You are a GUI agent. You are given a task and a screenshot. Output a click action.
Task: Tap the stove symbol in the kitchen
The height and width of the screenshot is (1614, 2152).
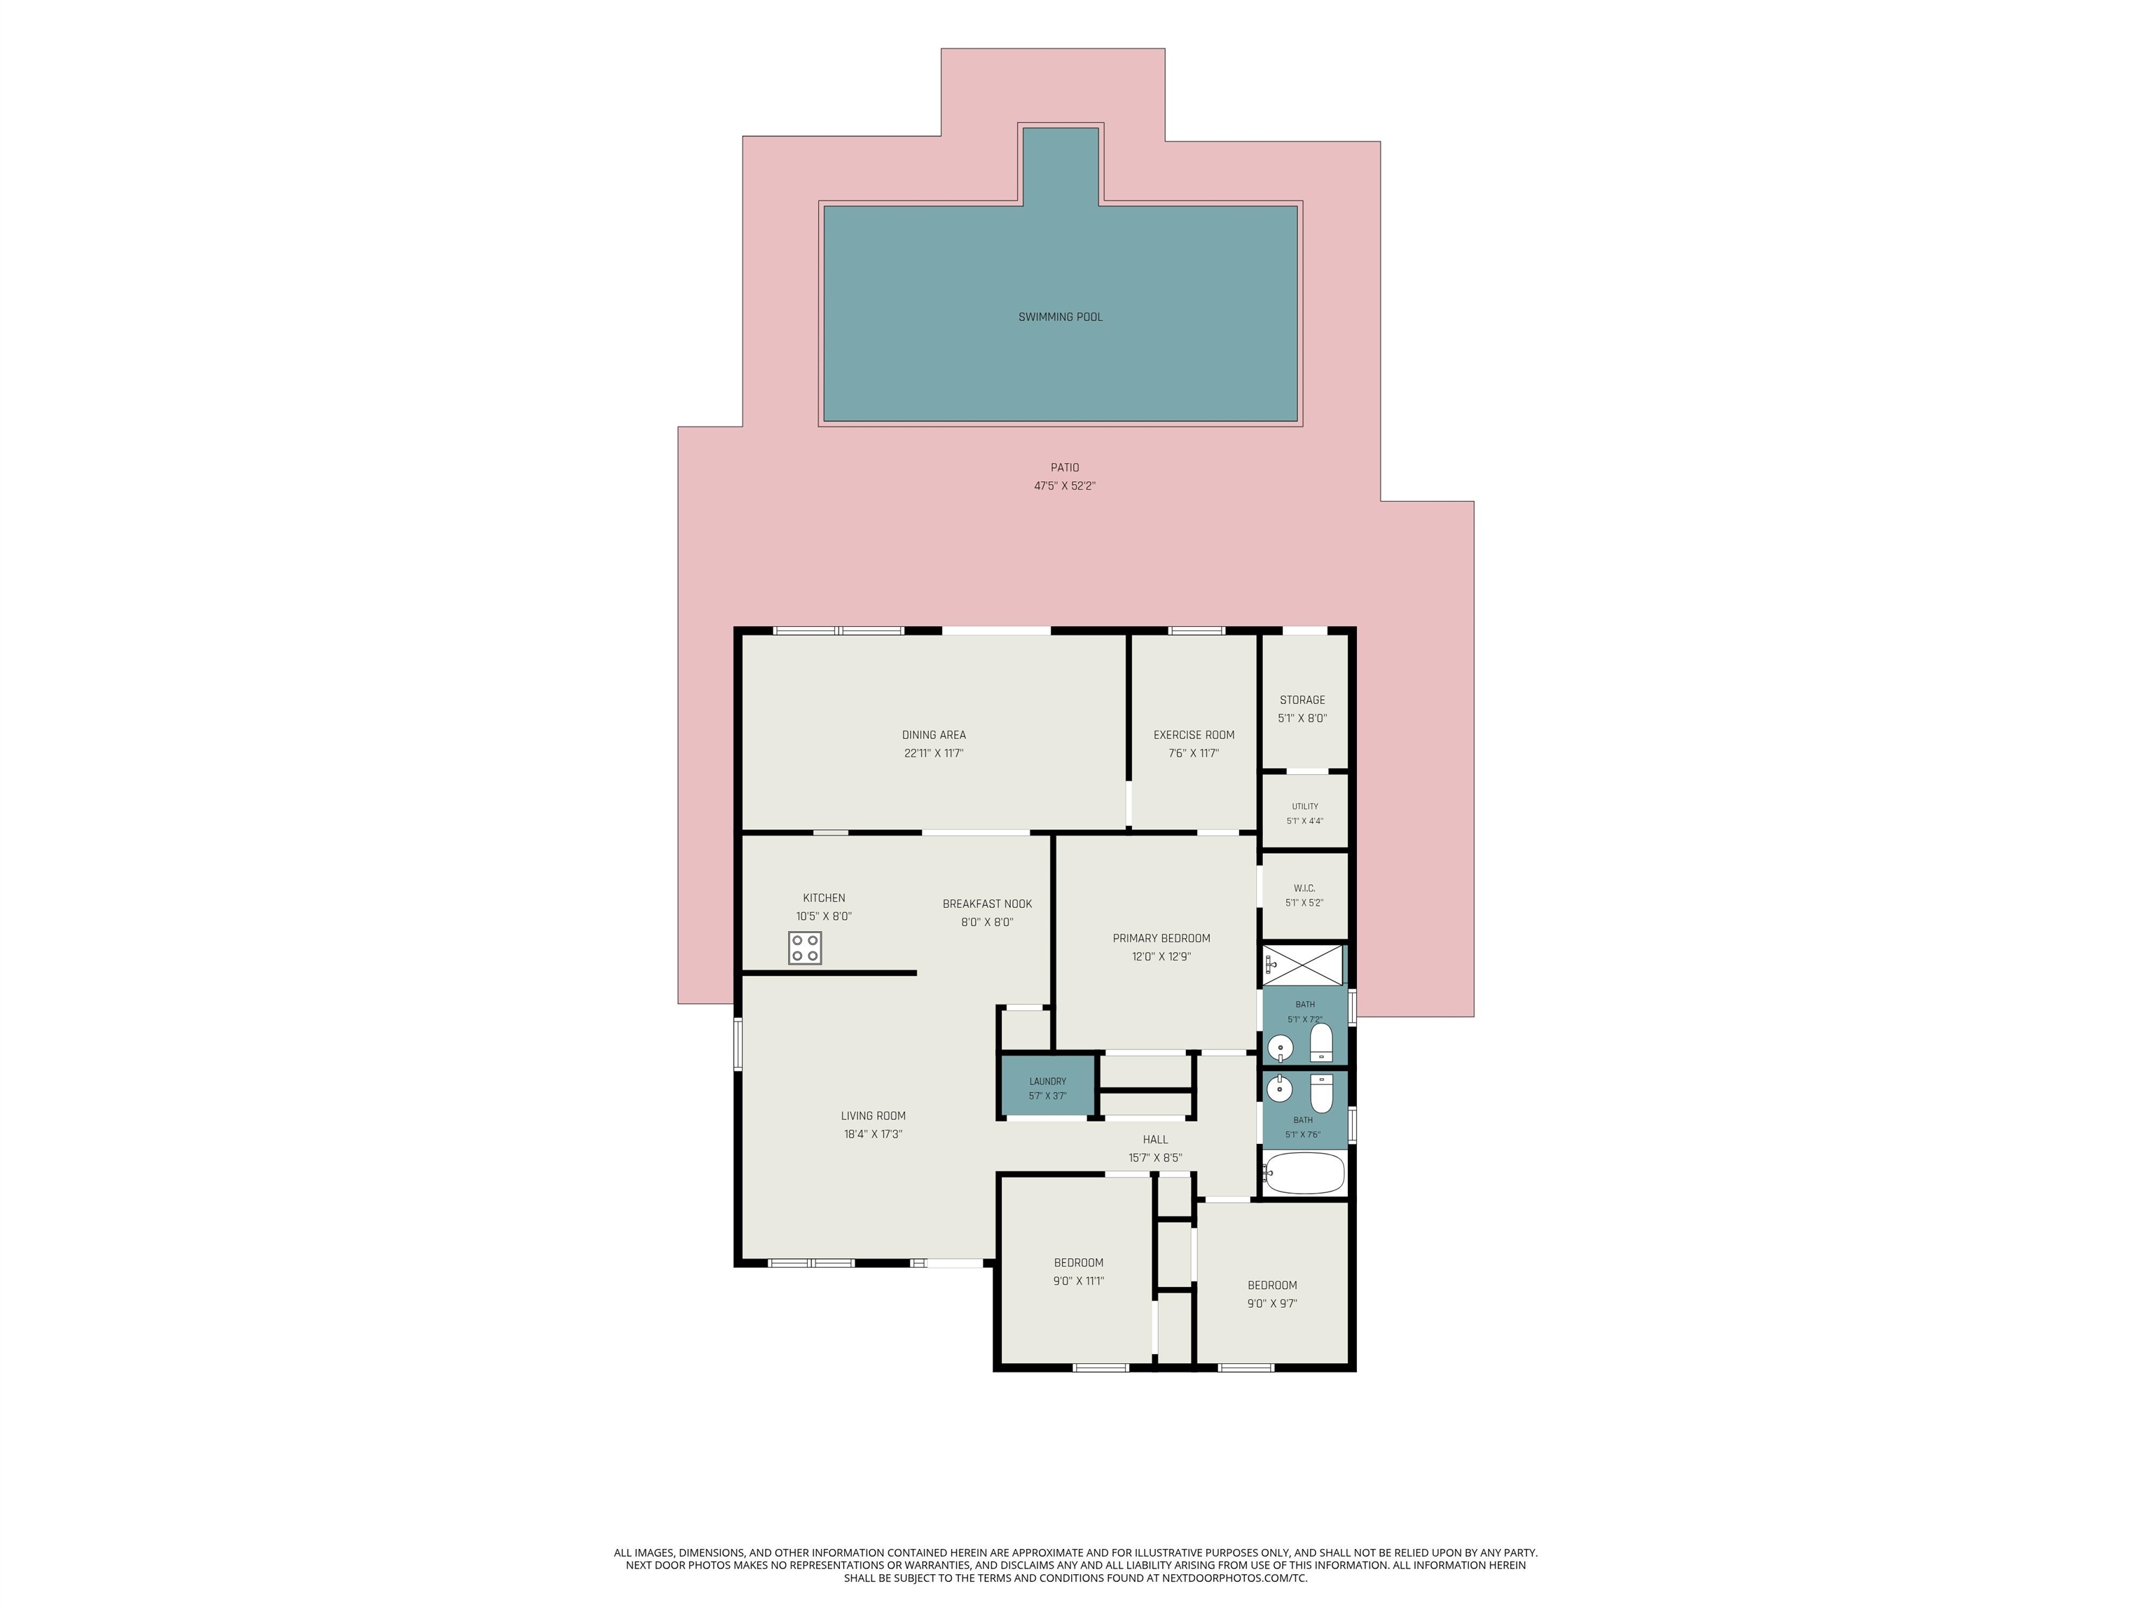(805, 948)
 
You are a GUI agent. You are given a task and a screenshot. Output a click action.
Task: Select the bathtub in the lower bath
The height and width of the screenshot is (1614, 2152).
(1304, 1173)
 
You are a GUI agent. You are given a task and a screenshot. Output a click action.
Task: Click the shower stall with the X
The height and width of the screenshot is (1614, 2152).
(1304, 965)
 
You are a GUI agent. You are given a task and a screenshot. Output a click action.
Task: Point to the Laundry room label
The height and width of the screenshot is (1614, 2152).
(1048, 1081)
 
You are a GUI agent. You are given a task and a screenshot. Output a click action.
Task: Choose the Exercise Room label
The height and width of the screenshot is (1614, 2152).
(1194, 735)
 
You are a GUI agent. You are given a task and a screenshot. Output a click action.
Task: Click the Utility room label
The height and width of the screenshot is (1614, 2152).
(1304, 806)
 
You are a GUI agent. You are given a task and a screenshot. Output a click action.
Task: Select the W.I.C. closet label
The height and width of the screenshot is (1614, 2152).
(1304, 888)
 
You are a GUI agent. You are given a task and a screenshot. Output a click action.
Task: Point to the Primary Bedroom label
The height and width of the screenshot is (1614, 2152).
(1161, 939)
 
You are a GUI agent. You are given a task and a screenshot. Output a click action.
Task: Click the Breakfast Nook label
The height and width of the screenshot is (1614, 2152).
(988, 904)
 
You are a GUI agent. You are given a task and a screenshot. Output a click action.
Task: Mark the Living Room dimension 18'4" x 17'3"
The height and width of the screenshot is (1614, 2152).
(874, 1134)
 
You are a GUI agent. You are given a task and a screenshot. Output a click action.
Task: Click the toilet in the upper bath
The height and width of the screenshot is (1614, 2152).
(1321, 1041)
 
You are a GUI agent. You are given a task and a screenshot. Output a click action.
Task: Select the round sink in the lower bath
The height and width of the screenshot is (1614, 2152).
(1279, 1089)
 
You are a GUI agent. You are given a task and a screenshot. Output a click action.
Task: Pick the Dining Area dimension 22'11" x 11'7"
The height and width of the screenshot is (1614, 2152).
(934, 753)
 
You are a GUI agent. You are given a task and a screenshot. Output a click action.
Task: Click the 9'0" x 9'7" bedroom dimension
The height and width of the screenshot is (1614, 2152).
(1273, 1304)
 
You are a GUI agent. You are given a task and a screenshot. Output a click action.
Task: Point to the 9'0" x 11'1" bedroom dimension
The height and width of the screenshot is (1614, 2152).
(1079, 1281)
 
